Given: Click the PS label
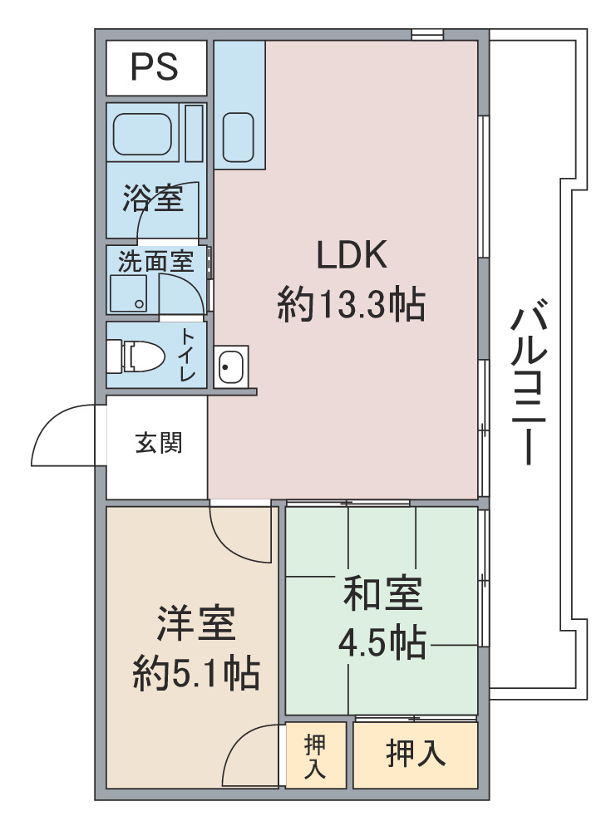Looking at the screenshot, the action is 155,67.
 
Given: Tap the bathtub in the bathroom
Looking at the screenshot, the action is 142,133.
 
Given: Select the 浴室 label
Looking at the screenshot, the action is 153,198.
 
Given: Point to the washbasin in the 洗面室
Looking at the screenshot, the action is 129,293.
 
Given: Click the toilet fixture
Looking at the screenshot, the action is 136,357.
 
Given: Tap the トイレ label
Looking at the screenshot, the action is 188,355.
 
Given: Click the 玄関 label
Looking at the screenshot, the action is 159,443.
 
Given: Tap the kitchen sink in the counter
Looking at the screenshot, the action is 238,137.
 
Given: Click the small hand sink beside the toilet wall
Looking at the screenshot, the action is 231,366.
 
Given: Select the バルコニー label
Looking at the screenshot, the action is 528,382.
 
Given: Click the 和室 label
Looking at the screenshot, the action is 383,593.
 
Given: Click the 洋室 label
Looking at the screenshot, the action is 195,623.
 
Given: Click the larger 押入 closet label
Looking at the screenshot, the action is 416,754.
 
